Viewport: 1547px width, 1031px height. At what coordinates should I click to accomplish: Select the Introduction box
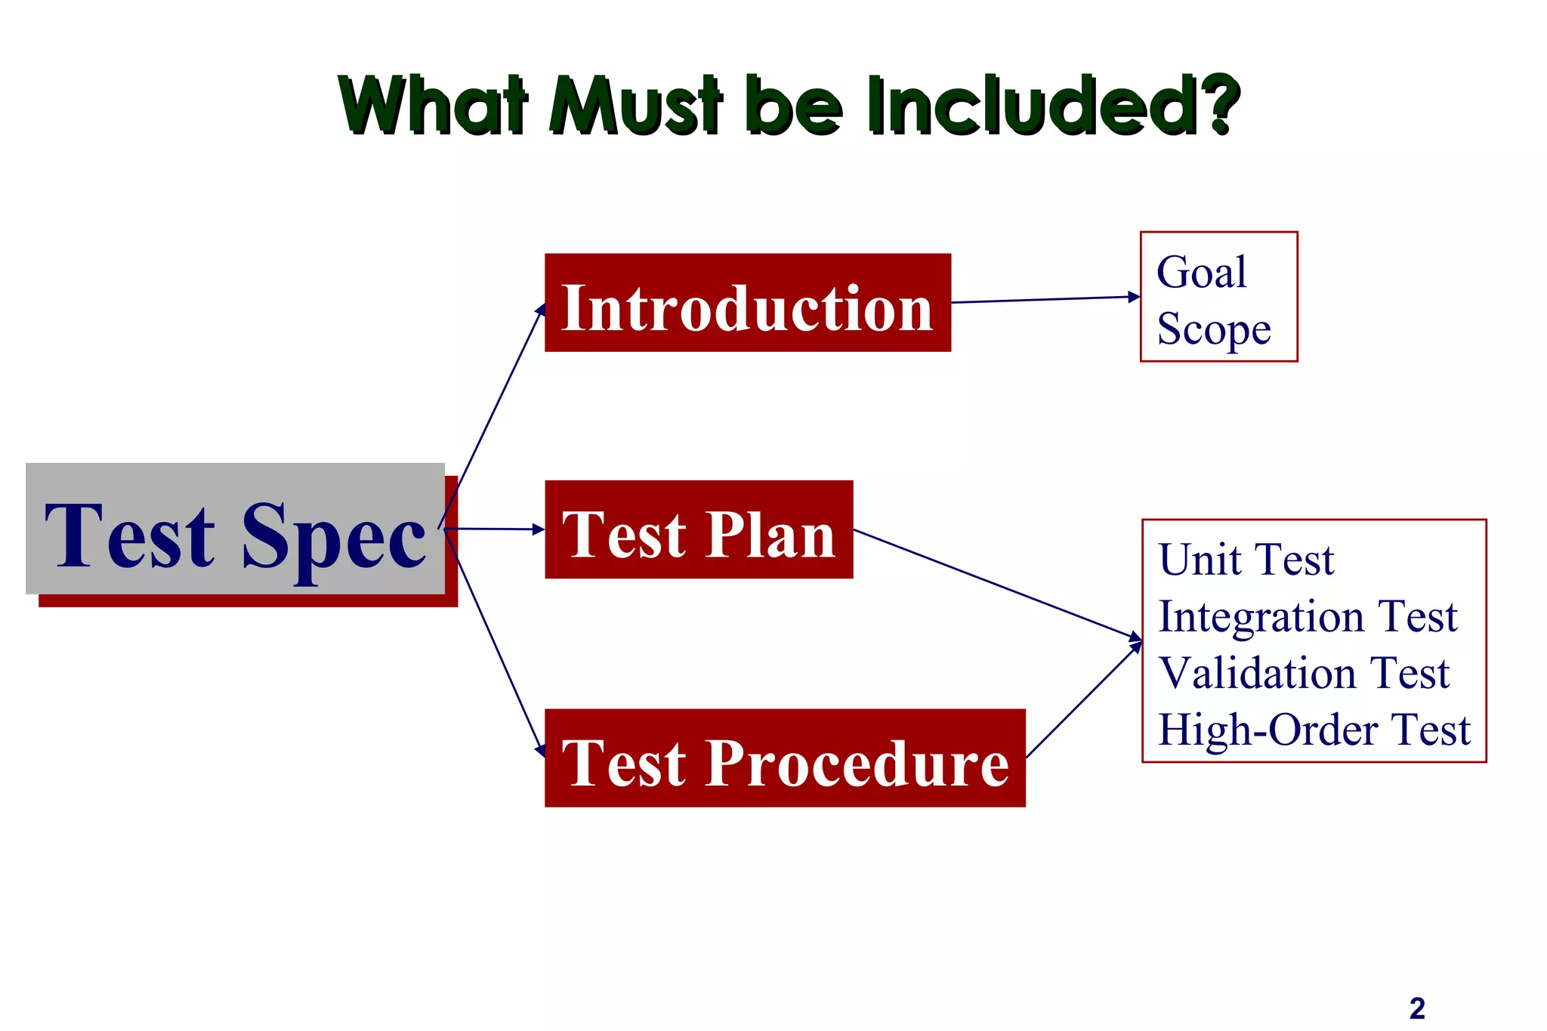click(x=747, y=303)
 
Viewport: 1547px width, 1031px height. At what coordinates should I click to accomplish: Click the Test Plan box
click(x=699, y=529)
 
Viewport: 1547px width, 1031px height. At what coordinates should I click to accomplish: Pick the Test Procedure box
click(x=785, y=758)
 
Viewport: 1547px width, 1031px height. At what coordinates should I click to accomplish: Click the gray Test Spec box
click(x=235, y=529)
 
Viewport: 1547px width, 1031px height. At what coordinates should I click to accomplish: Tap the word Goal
click(x=1201, y=272)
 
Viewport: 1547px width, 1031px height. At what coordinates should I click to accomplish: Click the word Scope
click(x=1214, y=329)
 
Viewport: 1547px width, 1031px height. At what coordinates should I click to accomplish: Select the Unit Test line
click(x=1246, y=560)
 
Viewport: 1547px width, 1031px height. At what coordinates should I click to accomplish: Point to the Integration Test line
click(x=1308, y=616)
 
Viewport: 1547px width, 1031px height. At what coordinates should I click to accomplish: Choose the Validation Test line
click(x=1304, y=673)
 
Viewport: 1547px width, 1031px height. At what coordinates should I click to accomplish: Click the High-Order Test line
click(x=1314, y=730)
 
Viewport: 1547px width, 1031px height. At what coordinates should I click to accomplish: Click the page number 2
click(x=1417, y=1008)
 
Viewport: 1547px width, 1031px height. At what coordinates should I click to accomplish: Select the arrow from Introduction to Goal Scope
click(x=1046, y=300)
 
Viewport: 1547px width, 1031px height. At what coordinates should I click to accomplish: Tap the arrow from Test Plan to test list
click(x=997, y=585)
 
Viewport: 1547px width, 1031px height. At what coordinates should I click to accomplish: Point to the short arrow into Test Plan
click(x=495, y=529)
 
